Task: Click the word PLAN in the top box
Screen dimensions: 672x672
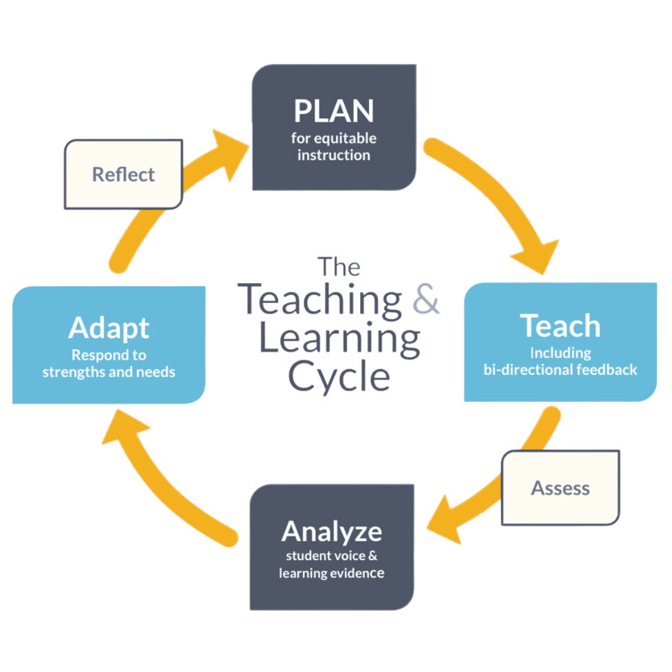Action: tap(333, 111)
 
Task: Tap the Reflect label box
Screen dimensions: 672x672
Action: tap(124, 175)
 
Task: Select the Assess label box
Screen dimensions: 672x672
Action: tap(560, 488)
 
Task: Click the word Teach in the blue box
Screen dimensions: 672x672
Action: tap(560, 326)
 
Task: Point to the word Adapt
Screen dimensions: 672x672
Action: tap(109, 328)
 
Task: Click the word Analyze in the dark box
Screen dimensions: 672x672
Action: tap(331, 531)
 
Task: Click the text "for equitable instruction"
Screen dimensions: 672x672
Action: tap(333, 147)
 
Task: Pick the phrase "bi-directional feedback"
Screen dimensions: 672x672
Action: tap(560, 370)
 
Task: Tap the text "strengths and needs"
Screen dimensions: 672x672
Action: tap(109, 372)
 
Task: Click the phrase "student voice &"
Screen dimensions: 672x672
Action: tap(331, 555)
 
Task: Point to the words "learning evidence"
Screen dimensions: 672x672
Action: tap(331, 572)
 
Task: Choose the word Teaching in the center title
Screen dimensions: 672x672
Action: tap(323, 301)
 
